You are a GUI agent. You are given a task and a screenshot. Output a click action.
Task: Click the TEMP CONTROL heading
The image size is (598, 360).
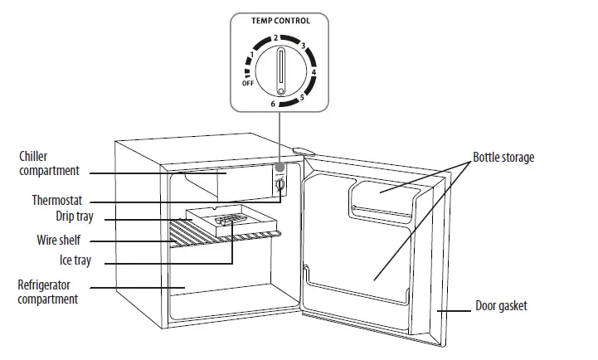(x=281, y=20)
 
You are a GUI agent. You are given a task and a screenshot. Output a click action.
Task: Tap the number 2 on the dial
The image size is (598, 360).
(x=275, y=38)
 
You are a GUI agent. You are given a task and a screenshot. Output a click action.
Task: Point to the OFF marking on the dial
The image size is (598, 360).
(x=248, y=84)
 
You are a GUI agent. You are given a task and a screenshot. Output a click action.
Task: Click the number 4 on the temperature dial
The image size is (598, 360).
(x=314, y=72)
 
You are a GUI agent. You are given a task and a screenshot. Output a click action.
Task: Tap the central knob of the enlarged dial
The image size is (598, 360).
(x=282, y=71)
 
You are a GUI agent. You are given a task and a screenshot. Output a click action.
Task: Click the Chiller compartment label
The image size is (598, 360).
(x=48, y=163)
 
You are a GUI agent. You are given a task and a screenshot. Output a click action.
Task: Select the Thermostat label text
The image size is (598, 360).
(x=57, y=201)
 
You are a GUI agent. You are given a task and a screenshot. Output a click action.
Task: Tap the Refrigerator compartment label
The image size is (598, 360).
(x=48, y=291)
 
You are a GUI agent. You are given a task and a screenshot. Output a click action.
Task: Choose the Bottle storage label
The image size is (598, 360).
(x=503, y=157)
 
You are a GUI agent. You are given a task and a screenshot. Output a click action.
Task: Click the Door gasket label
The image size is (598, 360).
(x=502, y=306)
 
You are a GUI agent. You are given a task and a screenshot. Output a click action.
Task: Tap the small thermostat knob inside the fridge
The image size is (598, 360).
(x=280, y=187)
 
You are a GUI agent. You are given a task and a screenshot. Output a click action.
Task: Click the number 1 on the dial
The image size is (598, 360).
(x=251, y=56)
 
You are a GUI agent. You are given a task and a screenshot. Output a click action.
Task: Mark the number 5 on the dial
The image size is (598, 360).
(x=302, y=97)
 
